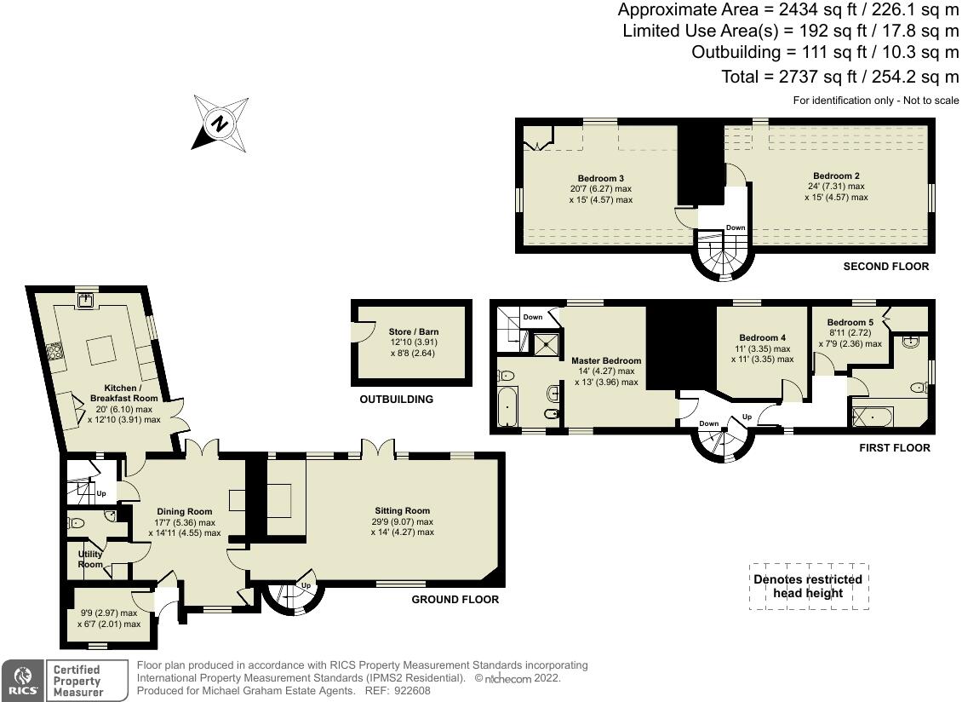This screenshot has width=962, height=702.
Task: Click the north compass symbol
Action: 220,124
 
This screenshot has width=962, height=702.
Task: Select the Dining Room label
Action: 183,512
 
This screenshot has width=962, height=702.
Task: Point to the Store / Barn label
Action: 412,332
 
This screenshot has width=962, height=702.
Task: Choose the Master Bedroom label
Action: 606,360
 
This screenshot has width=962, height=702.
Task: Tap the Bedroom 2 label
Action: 836,175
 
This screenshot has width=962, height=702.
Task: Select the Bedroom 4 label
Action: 762,337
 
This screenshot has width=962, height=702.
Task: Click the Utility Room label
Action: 90,559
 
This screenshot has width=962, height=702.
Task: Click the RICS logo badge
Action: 22,681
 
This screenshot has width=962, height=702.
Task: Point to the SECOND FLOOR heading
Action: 885,267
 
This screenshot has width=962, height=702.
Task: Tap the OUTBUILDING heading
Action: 396,399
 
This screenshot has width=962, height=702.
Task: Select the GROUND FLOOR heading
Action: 455,600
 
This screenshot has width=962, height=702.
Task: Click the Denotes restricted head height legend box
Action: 808,586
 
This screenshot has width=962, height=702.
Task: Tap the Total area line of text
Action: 839,77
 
